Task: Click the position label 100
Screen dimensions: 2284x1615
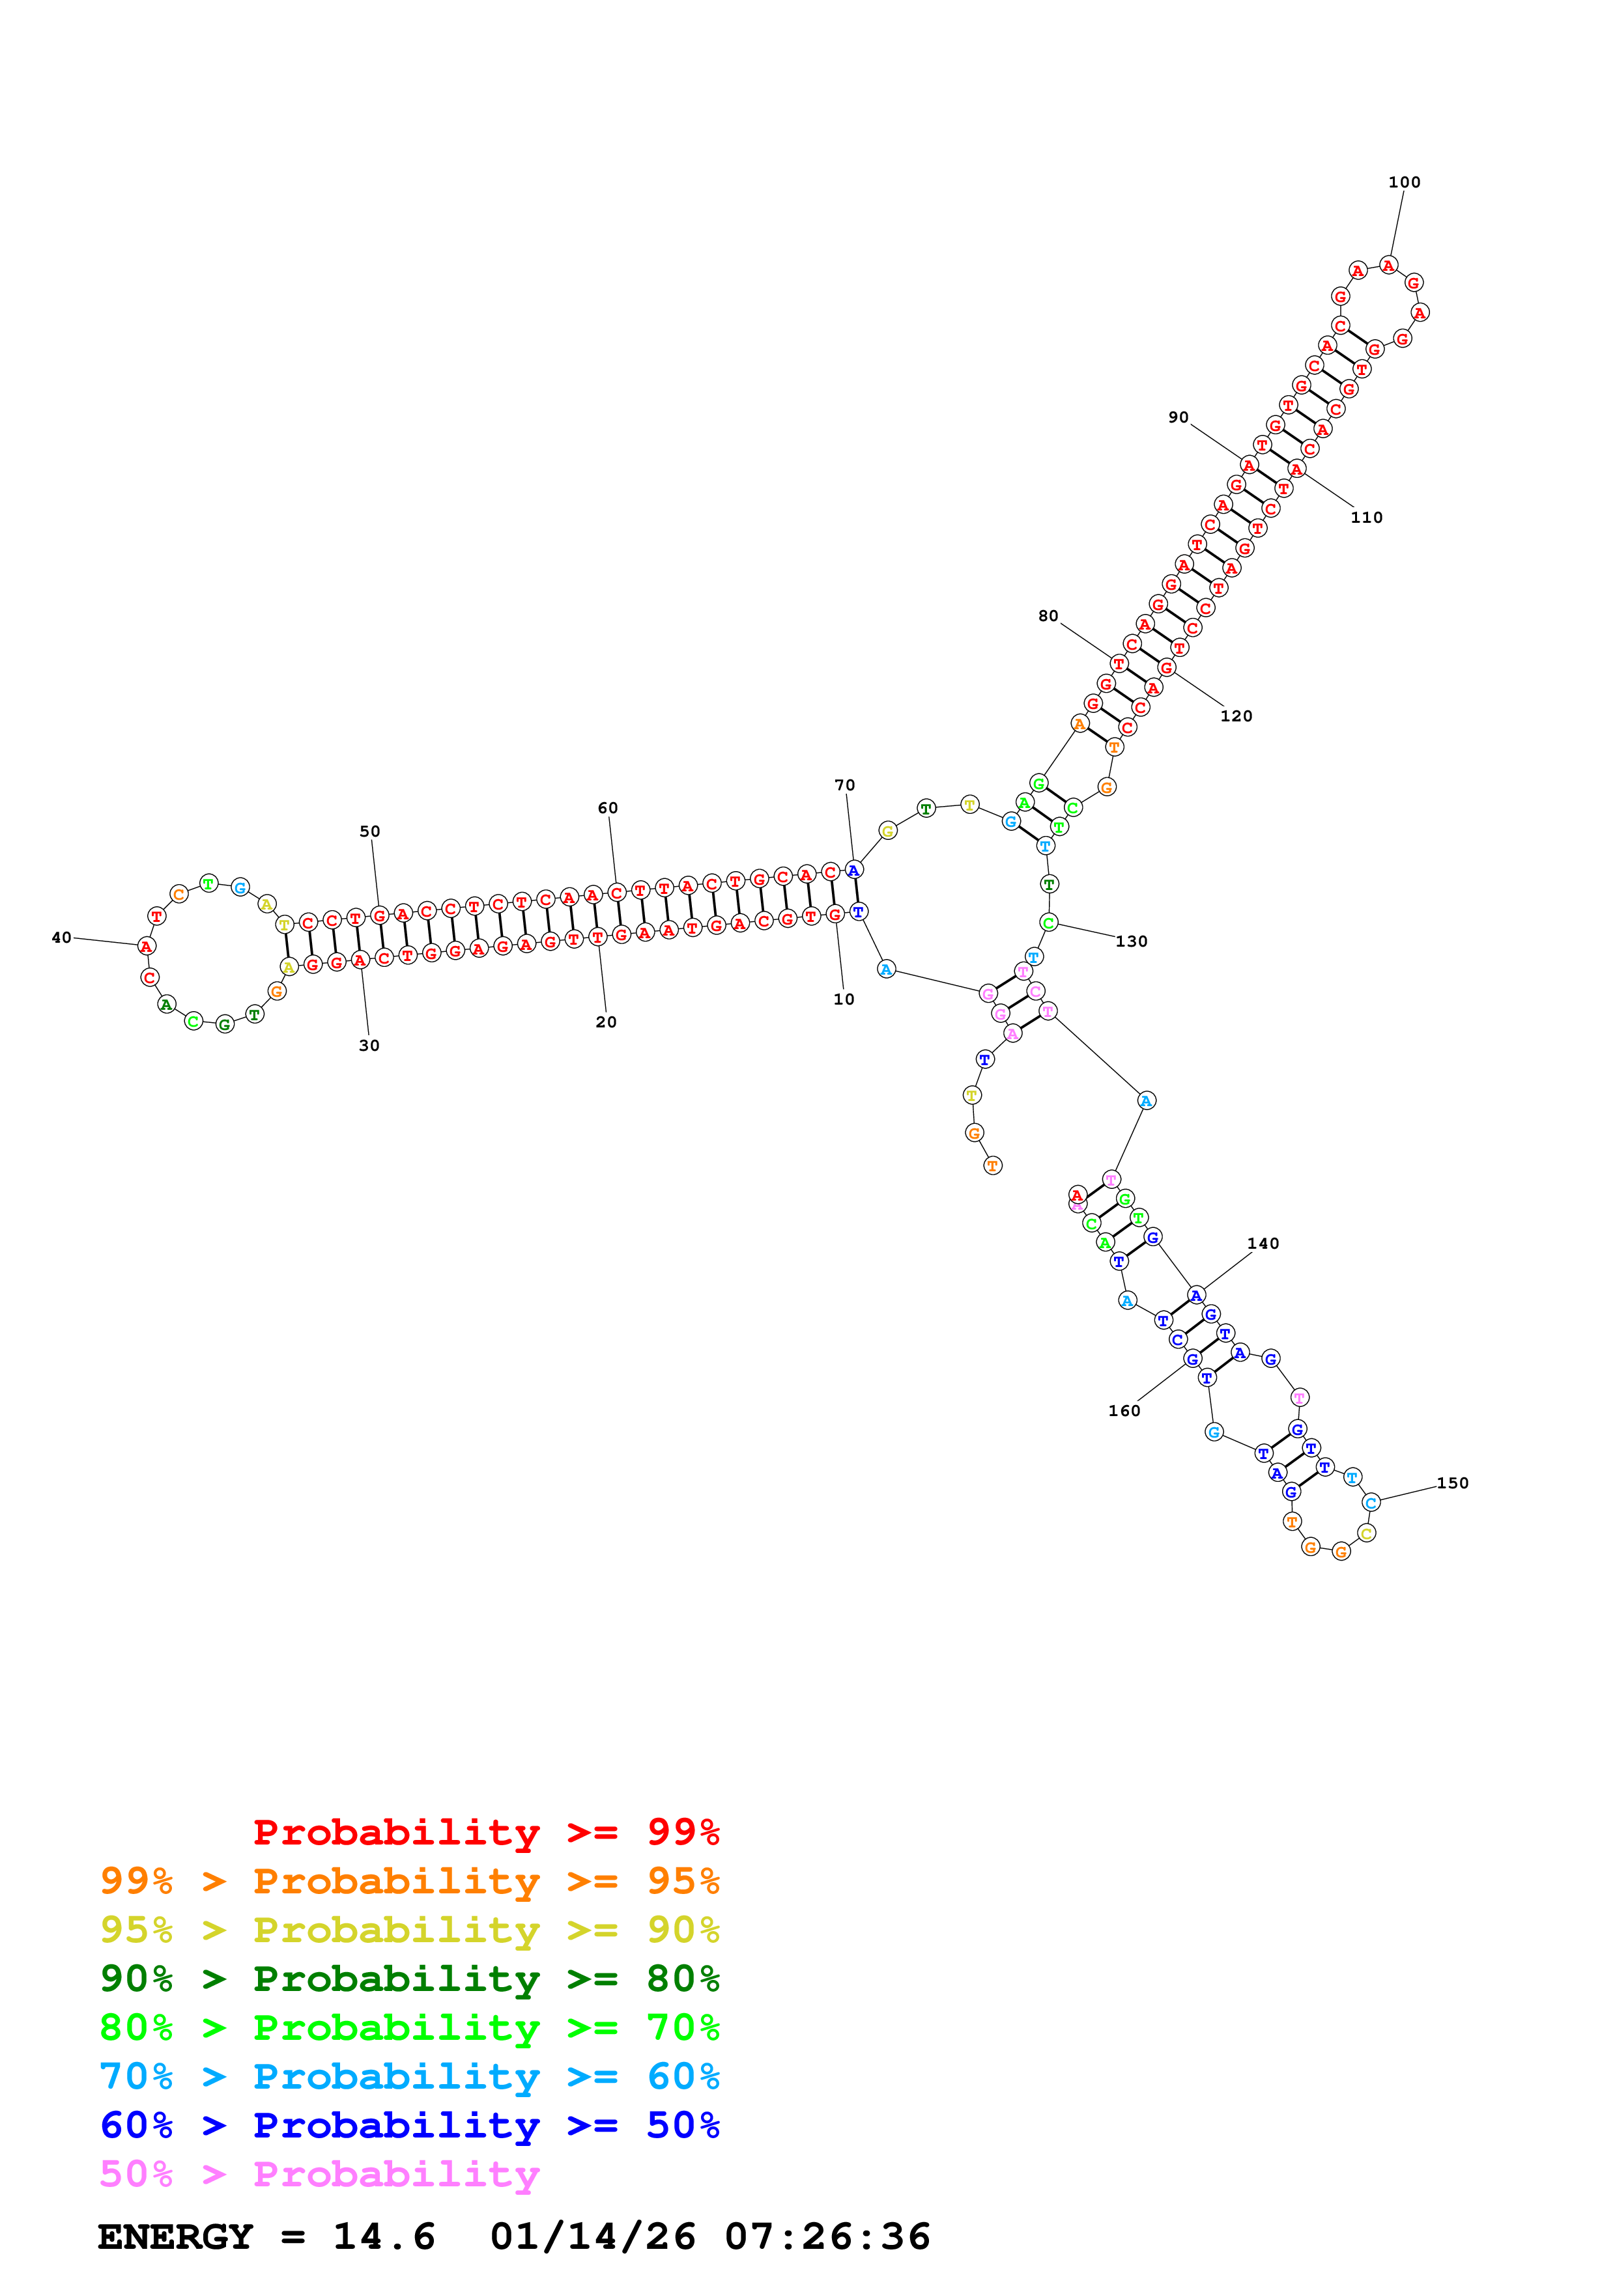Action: [1403, 182]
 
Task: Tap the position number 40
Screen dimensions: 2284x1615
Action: [61, 937]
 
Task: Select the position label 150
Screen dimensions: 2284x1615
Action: [1452, 1483]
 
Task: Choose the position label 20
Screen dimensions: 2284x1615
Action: [605, 1022]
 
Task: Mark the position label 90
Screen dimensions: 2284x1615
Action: [1177, 417]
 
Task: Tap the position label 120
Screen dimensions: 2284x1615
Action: [1236, 716]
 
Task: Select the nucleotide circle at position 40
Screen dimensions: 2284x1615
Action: [147, 946]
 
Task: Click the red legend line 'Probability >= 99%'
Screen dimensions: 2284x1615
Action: [485, 1832]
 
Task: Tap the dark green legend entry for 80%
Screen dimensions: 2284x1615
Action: [409, 1979]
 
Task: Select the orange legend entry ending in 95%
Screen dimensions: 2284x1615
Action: [409, 1881]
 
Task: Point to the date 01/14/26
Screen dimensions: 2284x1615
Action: [592, 2237]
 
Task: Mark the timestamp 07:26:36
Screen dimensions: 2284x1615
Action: [827, 2237]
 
